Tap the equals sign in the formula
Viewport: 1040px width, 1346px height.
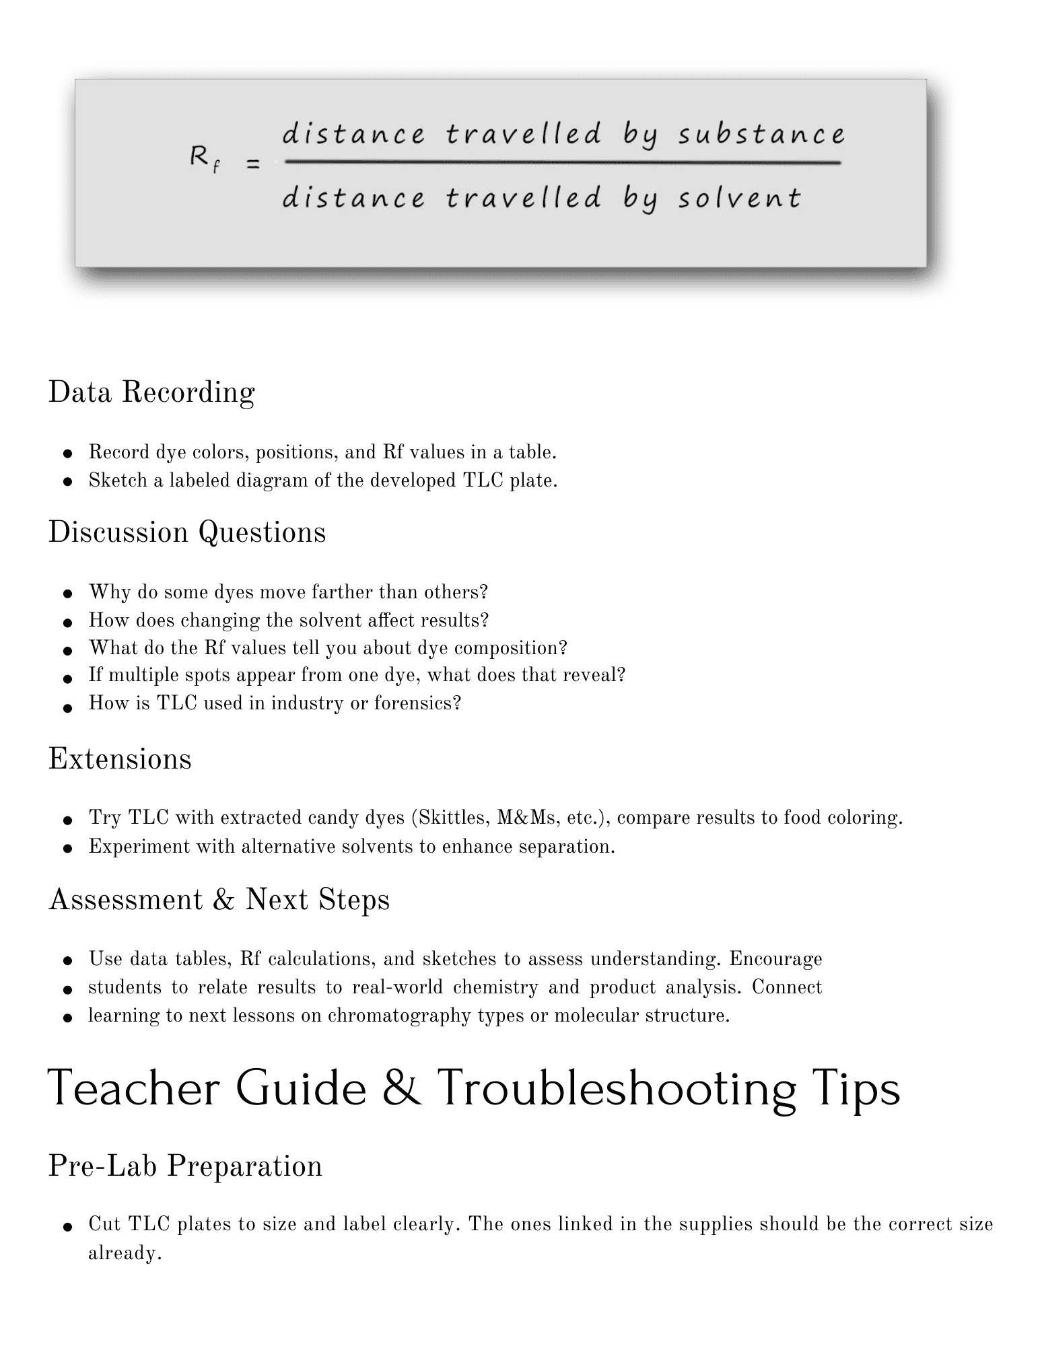click(253, 164)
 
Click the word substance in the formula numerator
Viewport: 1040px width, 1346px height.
click(761, 135)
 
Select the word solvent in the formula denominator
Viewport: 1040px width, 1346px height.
click(740, 199)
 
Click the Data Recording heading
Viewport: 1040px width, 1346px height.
click(151, 392)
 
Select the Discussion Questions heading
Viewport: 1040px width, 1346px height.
click(187, 532)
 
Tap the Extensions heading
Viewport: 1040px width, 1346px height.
click(120, 759)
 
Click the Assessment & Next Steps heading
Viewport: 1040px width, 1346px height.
click(219, 900)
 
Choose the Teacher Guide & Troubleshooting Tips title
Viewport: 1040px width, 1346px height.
click(474, 1089)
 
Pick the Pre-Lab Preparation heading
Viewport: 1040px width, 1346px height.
click(185, 1166)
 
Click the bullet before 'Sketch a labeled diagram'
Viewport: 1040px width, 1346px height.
click(67, 482)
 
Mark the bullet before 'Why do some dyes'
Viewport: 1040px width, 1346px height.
click(67, 594)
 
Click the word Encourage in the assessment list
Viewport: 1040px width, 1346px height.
click(775, 958)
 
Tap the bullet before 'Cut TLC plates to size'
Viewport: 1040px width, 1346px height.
click(67, 1226)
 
